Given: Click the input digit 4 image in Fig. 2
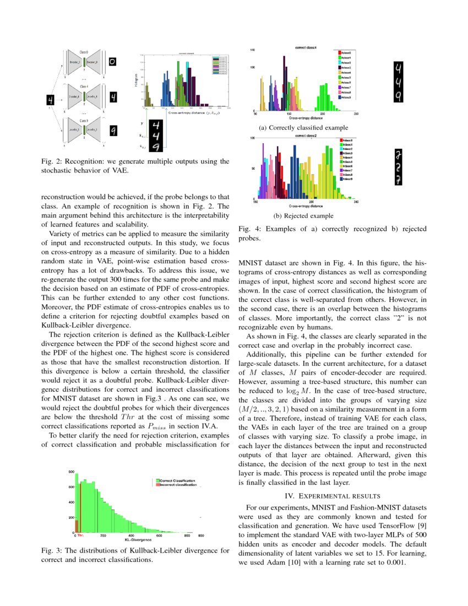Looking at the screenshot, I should [x=50, y=100].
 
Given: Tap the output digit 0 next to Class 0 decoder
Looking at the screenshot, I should [x=112, y=63].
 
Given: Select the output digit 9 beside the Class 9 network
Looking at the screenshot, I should [x=112, y=131].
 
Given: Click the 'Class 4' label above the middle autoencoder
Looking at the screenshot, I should [x=84, y=86].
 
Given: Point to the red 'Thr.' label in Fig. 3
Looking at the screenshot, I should [x=80, y=535].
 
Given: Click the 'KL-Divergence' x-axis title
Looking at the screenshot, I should [x=138, y=540].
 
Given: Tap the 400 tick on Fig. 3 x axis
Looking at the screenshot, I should [x=131, y=535].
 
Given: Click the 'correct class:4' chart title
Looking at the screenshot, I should [x=304, y=48].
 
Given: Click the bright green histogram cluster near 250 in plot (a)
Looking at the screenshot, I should [x=323, y=99].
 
